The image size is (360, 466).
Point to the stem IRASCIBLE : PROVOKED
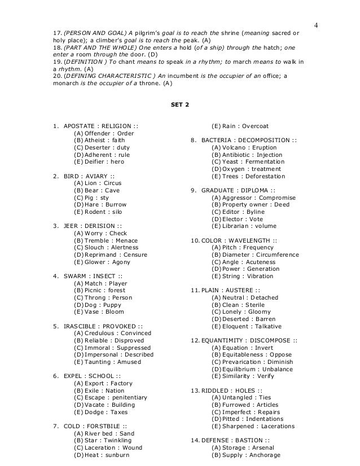point(100,325)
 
